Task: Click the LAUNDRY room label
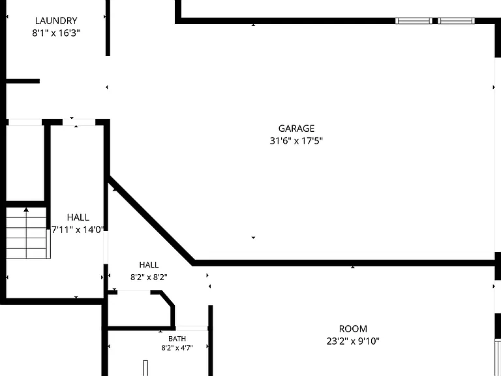(56, 21)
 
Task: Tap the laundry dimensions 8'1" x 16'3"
(56, 33)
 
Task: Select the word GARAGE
(297, 129)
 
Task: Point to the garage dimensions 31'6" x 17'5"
(296, 141)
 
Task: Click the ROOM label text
(353, 329)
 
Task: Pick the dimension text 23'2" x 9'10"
(353, 341)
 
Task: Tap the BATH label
(177, 339)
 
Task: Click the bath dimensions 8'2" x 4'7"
(177, 348)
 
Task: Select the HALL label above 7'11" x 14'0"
(78, 217)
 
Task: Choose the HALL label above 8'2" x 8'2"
(149, 265)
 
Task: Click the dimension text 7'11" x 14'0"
(78, 230)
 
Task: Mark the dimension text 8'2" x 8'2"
(149, 277)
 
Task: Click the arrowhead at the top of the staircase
(26, 210)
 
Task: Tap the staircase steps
(27, 233)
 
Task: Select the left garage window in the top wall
(414, 21)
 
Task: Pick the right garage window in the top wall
(456, 21)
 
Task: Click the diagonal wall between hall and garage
(151, 221)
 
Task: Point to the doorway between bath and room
(192, 328)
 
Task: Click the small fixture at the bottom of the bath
(145, 368)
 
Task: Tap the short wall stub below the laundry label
(23, 81)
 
